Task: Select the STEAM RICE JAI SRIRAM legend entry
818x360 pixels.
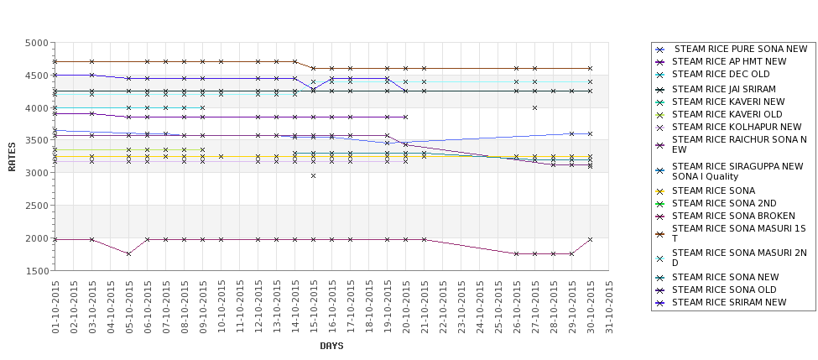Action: (723, 88)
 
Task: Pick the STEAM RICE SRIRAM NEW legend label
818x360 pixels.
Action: (729, 302)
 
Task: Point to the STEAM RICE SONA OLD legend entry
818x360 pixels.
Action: (723, 290)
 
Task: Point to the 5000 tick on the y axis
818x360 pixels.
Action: (36, 43)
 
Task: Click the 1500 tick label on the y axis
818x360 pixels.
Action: (36, 271)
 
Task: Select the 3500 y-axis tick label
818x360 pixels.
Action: (36, 141)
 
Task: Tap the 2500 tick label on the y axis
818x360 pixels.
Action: (36, 206)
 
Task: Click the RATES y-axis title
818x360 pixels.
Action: (12, 156)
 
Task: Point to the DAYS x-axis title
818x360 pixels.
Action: (331, 346)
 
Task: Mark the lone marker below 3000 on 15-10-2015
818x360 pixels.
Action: (313, 175)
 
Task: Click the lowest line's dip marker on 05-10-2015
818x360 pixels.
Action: (128, 253)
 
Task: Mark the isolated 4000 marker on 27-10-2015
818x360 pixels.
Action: (534, 107)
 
